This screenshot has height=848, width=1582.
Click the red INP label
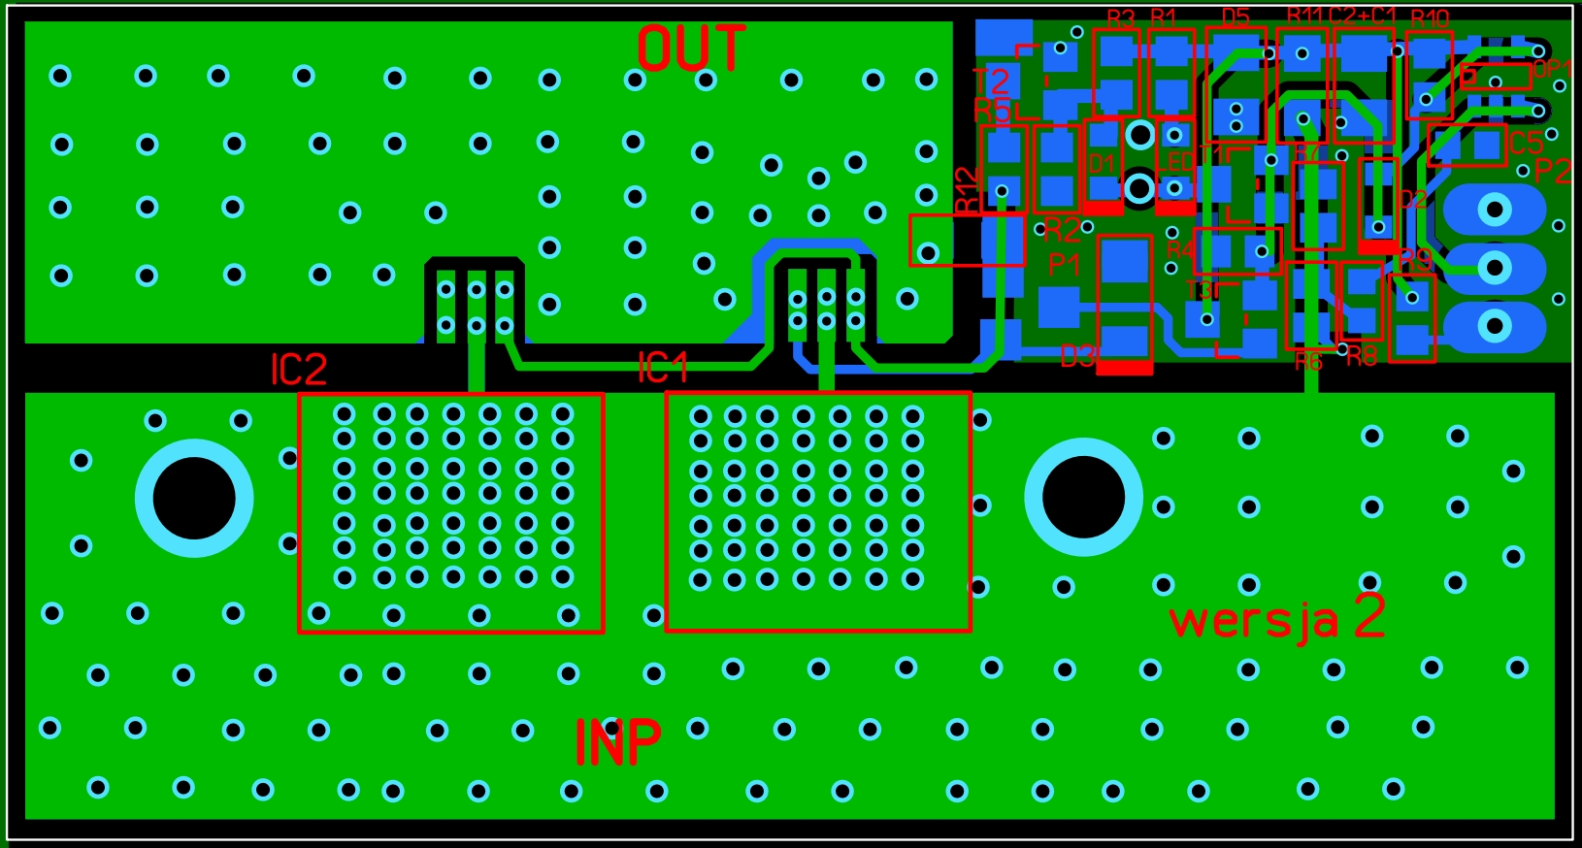[x=617, y=743]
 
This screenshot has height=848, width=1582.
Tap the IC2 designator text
[x=298, y=370]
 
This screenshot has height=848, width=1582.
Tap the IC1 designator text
[x=663, y=369]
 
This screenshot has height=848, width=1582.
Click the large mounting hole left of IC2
[x=194, y=498]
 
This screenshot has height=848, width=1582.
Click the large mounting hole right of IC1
[x=1083, y=497]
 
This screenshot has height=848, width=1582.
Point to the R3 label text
[x=1120, y=19]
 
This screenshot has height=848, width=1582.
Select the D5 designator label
[x=1235, y=18]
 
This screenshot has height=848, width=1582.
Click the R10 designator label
[x=1430, y=19]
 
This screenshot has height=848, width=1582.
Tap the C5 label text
[x=1525, y=144]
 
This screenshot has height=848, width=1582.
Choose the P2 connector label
[x=1552, y=172]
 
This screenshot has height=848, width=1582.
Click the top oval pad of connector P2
[x=1495, y=210]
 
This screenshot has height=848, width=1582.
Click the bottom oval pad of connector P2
[x=1495, y=326]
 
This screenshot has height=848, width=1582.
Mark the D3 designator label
[x=1077, y=357]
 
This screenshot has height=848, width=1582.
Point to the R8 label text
[x=1361, y=357]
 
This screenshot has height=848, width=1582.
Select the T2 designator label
[x=991, y=82]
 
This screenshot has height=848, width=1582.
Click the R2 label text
[x=1061, y=231]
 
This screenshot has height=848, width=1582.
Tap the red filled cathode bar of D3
[x=1124, y=368]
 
